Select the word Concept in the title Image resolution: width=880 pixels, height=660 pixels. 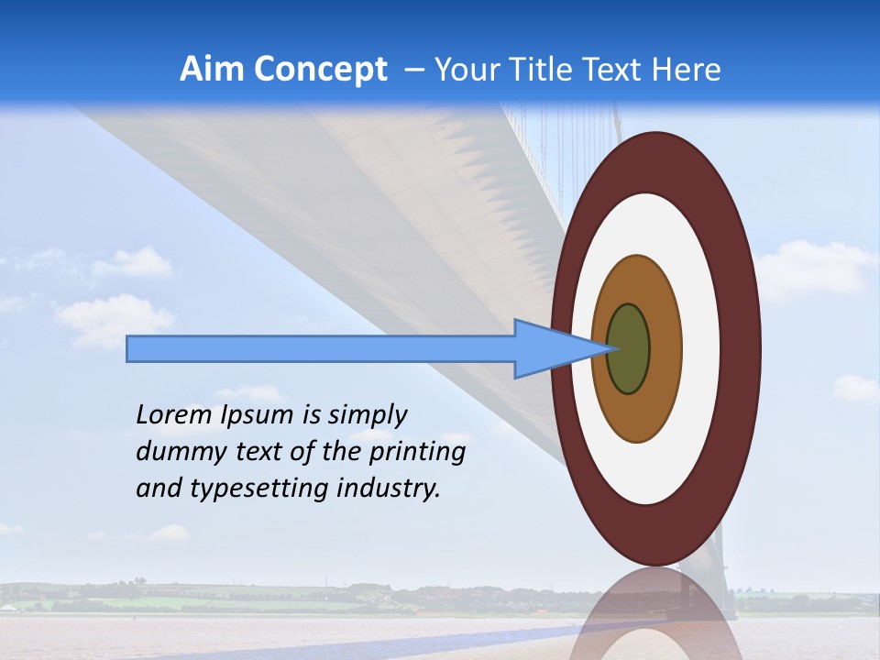click(321, 70)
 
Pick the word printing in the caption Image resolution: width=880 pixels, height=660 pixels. click(417, 453)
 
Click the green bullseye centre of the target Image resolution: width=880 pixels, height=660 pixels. click(629, 349)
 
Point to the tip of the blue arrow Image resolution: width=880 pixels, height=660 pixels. click(609, 348)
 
